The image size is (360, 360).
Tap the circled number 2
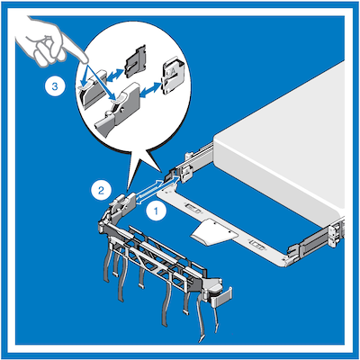tap(103, 190)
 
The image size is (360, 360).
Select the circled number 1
tap(155, 212)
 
